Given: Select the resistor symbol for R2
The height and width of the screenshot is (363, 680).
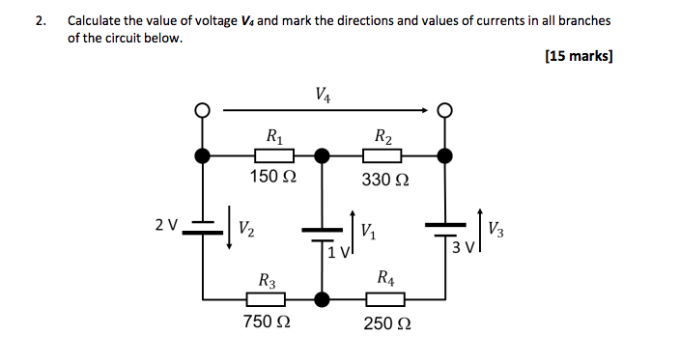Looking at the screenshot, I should (x=382, y=154).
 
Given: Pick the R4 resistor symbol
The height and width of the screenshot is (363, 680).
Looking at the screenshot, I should (x=382, y=298).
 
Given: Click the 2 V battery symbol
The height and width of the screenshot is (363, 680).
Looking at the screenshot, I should (x=202, y=226).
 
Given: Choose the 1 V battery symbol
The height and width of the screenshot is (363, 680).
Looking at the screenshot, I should (x=323, y=233).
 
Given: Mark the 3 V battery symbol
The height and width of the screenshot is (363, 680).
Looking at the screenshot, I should (x=443, y=227).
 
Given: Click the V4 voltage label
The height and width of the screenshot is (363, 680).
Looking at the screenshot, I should (x=325, y=95).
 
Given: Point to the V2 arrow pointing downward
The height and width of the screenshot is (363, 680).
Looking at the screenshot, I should (x=229, y=227).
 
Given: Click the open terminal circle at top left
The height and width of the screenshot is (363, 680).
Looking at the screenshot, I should (x=202, y=111).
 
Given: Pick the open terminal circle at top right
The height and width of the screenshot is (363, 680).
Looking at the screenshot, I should (x=443, y=111).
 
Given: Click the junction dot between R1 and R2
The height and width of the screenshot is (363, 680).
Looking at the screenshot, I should (x=323, y=154).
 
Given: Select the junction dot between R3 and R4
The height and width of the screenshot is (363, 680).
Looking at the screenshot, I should (x=323, y=298).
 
